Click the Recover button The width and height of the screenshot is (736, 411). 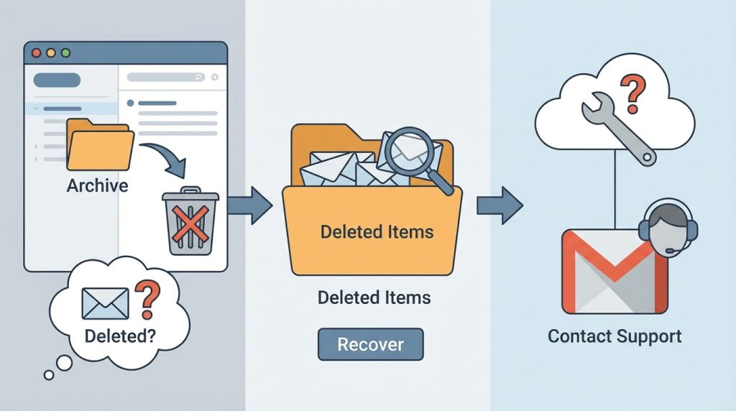tap(370, 344)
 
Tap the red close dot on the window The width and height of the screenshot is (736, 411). tap(37, 53)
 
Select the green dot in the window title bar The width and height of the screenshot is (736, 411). tap(66, 53)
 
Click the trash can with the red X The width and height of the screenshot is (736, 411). tap(189, 221)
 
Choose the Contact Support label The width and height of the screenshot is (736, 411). tap(615, 336)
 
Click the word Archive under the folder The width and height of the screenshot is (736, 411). tap(97, 186)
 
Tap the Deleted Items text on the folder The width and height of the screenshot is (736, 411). tap(377, 232)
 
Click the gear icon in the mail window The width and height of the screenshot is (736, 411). tap(214, 77)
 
